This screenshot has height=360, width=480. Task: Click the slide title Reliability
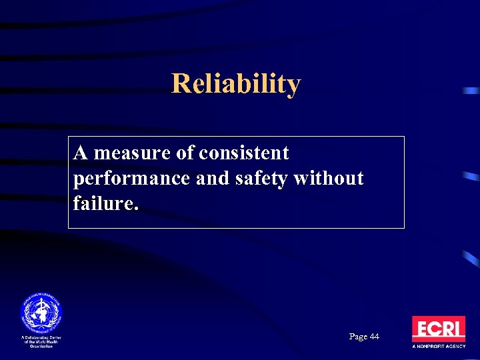coord(236,84)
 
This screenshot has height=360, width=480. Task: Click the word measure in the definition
coord(125,153)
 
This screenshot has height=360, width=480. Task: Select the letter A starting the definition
coord(81,153)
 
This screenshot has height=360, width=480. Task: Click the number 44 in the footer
coord(373,337)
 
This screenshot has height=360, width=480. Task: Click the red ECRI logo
coord(438,329)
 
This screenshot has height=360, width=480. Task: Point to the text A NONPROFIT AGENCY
coord(438,347)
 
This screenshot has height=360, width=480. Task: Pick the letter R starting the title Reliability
coord(179,84)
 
